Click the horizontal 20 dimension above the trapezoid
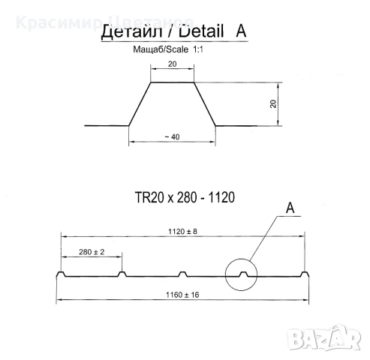coord(173,65)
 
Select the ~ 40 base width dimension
coord(172,136)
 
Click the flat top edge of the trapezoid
coord(173,82)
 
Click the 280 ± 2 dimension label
coord(91,253)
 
